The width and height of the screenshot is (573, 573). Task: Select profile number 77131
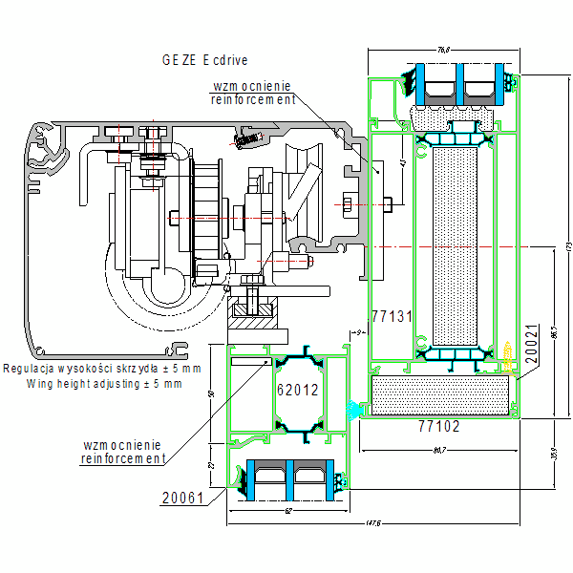pos(391,315)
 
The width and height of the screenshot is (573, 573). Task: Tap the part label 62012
pos(297,390)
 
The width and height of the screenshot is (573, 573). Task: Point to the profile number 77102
pos(440,427)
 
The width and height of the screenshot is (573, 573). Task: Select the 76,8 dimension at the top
pos(443,49)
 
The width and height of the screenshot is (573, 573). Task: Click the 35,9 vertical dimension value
pos(552,453)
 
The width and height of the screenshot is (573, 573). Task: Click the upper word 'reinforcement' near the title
pos(253,99)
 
